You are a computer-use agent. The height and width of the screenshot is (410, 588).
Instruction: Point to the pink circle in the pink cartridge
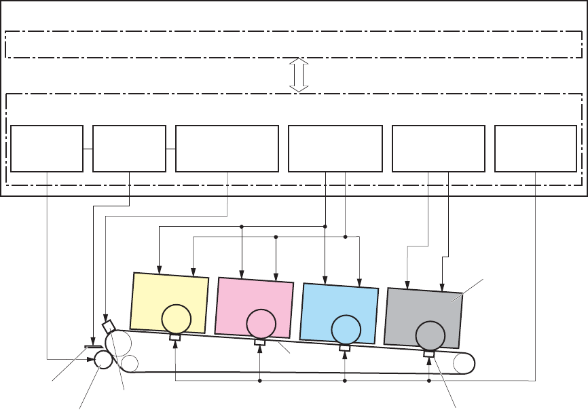tap(261, 324)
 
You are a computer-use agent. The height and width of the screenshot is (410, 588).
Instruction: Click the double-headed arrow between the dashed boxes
tap(299, 75)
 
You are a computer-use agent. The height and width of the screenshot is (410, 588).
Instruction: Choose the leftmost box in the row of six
tap(47, 148)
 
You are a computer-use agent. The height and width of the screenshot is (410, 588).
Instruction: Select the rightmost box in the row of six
tap(536, 148)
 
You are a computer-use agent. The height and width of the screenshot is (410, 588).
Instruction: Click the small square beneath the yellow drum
tap(174, 337)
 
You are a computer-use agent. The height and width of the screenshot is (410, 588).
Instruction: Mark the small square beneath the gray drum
tap(428, 354)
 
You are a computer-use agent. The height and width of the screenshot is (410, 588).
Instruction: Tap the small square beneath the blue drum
tap(345, 348)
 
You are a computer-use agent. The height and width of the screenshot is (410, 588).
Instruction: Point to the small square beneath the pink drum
tap(260, 342)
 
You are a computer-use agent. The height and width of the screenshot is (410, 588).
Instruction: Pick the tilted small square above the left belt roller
tap(108, 326)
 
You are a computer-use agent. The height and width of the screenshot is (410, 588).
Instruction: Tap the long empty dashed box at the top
tap(293, 45)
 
